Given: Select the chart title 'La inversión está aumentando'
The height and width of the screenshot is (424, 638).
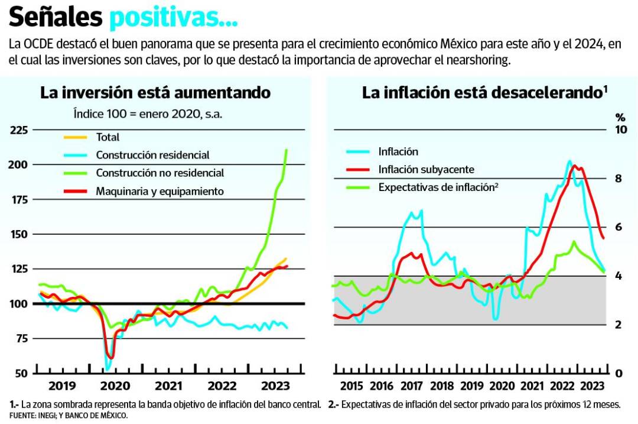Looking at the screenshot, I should click(x=155, y=93).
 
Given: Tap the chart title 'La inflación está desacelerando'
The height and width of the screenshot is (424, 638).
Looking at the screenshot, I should click(x=481, y=93).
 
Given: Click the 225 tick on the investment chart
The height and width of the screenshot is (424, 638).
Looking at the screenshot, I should click(x=18, y=130).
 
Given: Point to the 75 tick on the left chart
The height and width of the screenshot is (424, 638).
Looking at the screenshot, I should click(x=21, y=338).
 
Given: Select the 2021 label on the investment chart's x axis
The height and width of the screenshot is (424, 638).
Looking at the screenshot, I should click(x=168, y=386).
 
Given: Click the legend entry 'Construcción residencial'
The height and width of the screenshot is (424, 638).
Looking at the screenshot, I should click(x=152, y=156).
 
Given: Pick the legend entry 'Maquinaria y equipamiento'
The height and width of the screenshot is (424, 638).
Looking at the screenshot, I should click(x=159, y=191).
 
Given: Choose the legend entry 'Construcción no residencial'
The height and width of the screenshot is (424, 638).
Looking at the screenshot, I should click(x=159, y=173).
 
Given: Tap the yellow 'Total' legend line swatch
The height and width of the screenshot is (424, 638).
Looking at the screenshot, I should click(x=75, y=137).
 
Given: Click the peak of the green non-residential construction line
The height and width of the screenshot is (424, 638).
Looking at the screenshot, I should click(x=287, y=150).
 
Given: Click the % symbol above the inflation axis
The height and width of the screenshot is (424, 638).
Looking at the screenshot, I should click(x=620, y=116).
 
